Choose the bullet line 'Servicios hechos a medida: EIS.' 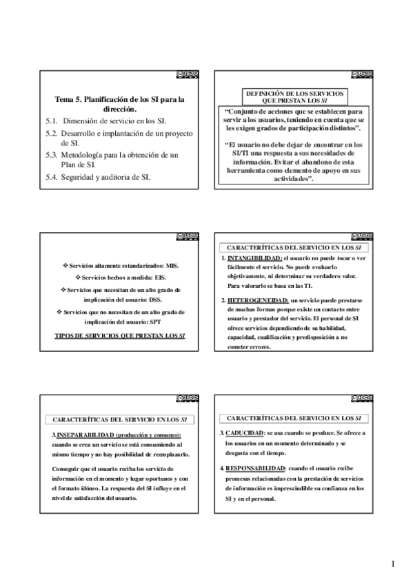121,277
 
